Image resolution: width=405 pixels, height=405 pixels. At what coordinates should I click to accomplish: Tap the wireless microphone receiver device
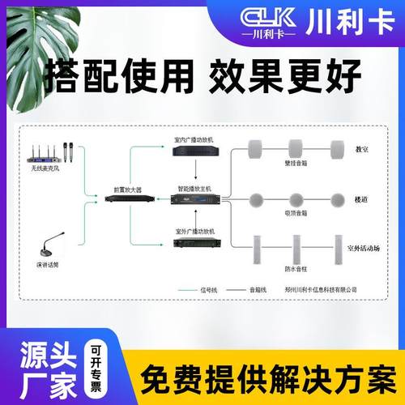pos(48,151)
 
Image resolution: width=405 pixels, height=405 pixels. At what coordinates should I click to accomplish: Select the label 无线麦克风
pos(48,168)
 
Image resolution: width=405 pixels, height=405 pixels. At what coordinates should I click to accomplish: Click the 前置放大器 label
pos(127,188)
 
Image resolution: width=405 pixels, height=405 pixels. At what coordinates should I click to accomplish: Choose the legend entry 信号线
pos(209,288)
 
